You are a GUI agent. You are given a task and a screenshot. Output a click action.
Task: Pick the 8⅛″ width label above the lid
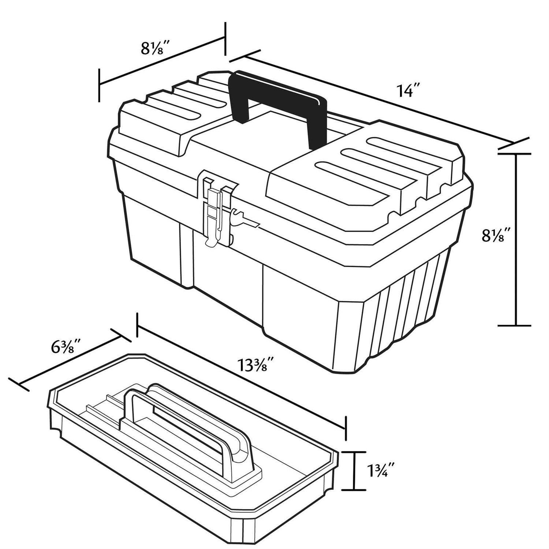[x=156, y=48]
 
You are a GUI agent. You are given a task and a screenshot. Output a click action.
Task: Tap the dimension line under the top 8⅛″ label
[x=161, y=61]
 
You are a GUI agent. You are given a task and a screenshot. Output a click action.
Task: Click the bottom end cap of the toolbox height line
[x=515, y=325]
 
